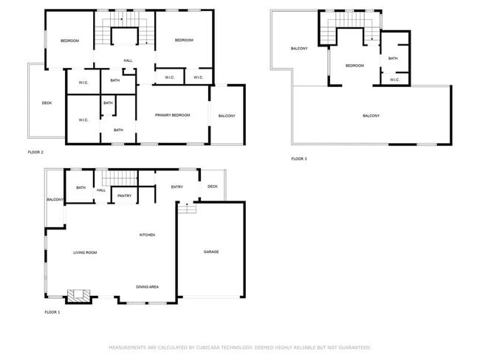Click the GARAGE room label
pos(211,252)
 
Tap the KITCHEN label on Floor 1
pos(148,235)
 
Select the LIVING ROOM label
pos(85,253)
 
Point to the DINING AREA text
pos(147,286)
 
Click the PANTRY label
pos(124,195)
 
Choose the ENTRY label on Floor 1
pos(177,187)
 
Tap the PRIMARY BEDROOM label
pos(172,116)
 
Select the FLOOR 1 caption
pos(52,313)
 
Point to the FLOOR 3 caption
pos(298,159)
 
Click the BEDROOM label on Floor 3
pos(354,66)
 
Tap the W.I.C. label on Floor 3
pos(394,80)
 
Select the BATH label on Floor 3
pos(393,58)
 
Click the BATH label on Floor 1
pos(80,188)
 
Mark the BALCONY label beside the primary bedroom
pos(227,116)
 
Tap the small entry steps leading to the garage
pos(188,209)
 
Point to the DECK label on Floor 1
pos(213,187)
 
